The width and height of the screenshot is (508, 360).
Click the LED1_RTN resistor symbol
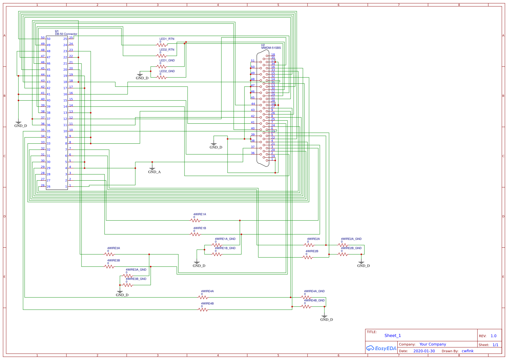tap(161, 45)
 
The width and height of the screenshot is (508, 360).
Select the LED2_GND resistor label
tap(167, 71)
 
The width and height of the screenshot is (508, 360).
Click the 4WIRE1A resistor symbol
tap(195, 220)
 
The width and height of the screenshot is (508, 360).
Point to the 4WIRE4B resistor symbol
tap(203, 310)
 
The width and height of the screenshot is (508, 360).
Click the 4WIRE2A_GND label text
tap(351, 239)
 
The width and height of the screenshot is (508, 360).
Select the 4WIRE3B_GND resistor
tap(128, 285)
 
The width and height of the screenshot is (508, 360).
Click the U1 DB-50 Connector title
tap(66, 34)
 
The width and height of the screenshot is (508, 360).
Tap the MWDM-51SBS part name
tap(271, 48)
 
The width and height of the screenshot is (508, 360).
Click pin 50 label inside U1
tap(48, 39)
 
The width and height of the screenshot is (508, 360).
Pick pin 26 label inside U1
tap(48, 186)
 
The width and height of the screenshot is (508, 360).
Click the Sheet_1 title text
tap(392, 336)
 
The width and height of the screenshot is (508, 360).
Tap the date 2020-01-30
tap(424, 351)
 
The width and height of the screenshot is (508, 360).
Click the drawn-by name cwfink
tap(467, 351)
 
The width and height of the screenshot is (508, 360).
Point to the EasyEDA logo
tap(381, 348)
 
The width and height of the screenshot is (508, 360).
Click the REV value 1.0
tap(493, 336)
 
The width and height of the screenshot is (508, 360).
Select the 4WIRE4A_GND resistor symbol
tap(306, 297)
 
